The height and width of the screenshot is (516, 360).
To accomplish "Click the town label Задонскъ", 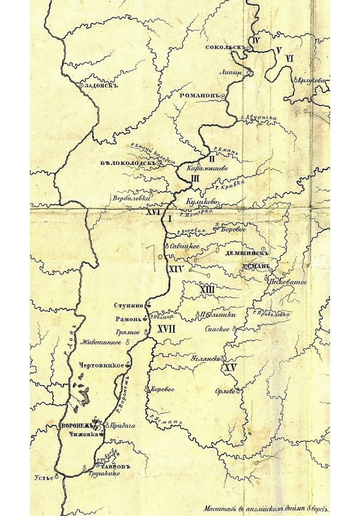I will [x=101, y=86].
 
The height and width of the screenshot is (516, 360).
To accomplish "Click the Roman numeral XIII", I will [x=207, y=289].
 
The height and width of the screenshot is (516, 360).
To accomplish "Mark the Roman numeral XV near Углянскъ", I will [x=230, y=368].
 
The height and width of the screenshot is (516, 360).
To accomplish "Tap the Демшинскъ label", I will [x=243, y=249].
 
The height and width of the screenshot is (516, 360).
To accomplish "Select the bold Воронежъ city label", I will [x=76, y=425].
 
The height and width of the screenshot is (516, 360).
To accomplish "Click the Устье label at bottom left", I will [x=42, y=478].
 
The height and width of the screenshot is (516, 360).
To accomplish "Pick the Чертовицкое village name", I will [x=102, y=364].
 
